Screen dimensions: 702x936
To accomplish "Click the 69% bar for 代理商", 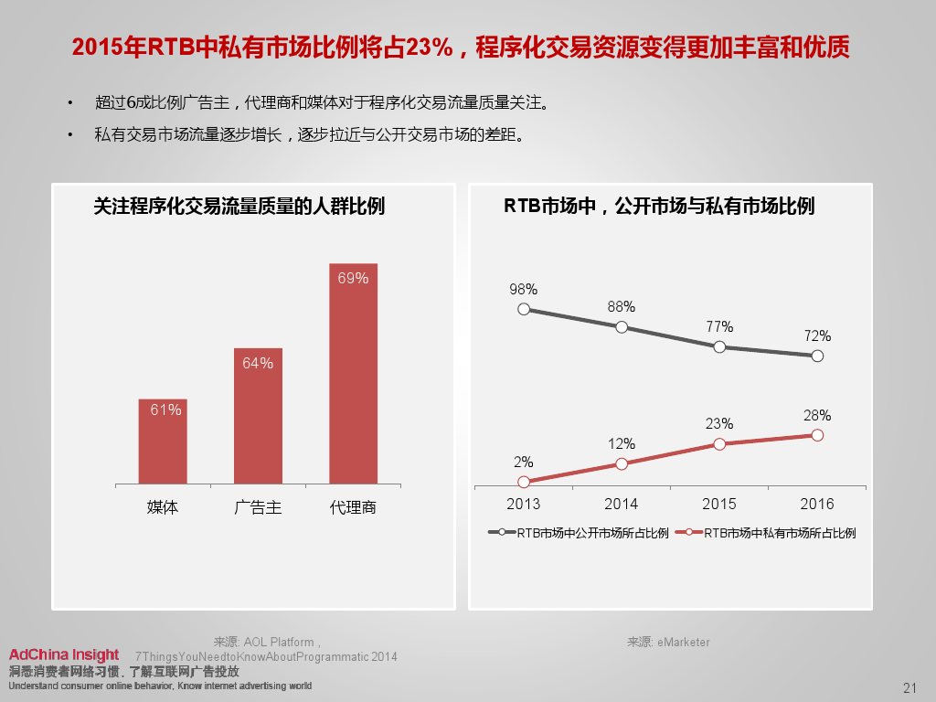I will point(353,373).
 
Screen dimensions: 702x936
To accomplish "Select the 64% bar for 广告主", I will point(258,416).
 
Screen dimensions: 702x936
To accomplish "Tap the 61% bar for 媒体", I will point(163,441).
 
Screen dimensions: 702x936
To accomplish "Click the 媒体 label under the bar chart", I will point(163,507).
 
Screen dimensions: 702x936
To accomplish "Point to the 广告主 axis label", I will point(258,507).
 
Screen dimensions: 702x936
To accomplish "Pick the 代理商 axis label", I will point(353,507).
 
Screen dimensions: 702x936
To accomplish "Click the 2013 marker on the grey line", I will point(524,309).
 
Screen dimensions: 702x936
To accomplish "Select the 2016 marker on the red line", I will point(817,435).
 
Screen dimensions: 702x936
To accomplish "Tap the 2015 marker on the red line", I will point(719,444).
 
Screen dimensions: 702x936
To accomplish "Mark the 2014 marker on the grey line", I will point(622,326).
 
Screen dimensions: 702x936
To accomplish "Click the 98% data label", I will point(524,289).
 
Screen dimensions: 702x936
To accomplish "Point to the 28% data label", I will point(817,416).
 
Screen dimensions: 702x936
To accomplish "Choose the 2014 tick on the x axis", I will point(622,504).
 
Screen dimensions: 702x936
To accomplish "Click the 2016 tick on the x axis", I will point(817,504).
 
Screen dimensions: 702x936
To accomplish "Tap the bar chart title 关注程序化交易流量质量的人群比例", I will point(239,207).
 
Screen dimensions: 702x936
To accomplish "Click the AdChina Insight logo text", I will point(63,654).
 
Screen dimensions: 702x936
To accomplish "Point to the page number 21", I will point(909,688).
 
